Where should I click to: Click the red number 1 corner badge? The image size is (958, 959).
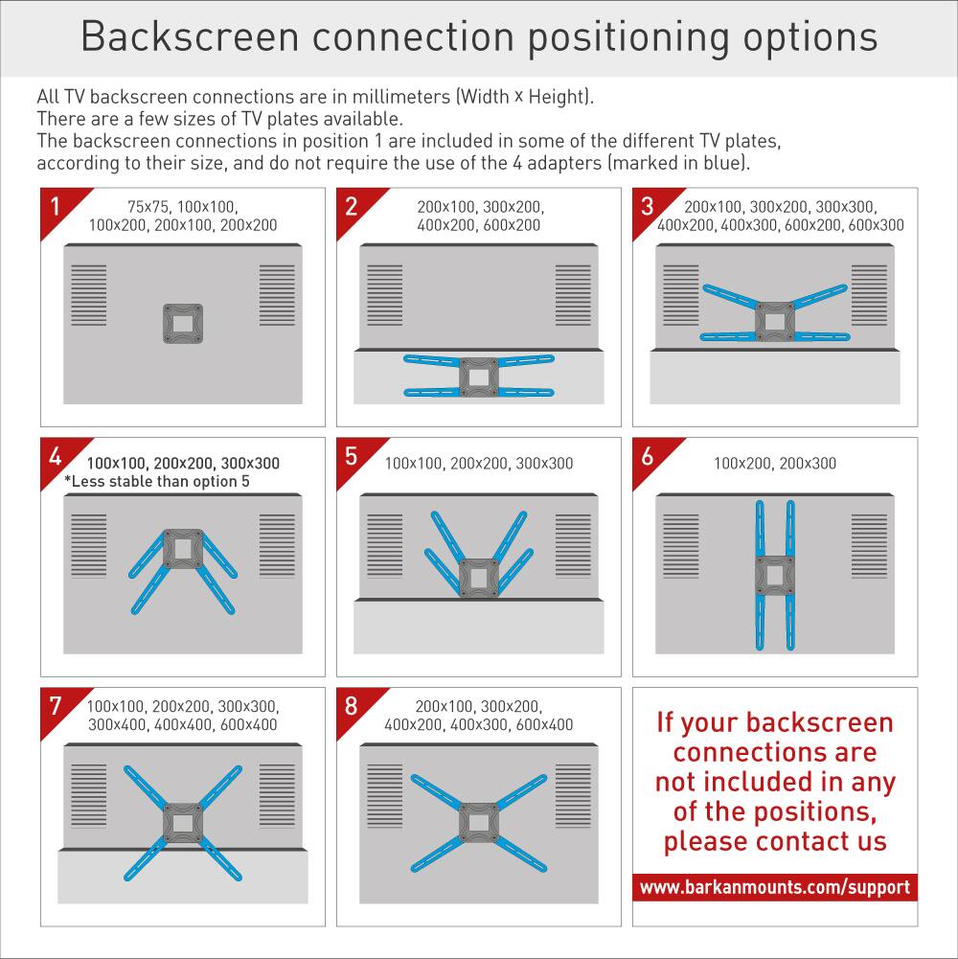56,206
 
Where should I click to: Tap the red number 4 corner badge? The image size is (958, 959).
56,457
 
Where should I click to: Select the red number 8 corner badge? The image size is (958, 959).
352,706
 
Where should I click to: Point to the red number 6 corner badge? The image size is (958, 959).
649,457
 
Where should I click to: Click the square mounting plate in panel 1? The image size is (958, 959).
182,324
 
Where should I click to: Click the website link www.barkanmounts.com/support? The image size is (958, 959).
775,887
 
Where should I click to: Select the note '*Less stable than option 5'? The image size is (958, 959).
157,481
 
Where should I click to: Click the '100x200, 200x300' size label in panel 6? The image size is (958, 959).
775,464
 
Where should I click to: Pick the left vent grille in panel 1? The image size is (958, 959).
89,295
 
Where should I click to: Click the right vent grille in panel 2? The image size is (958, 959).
574,295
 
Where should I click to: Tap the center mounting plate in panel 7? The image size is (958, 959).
182,822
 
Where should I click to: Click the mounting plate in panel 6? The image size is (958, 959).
775,575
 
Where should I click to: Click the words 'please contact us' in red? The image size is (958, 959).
775,842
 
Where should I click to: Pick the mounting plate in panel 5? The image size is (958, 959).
478,578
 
